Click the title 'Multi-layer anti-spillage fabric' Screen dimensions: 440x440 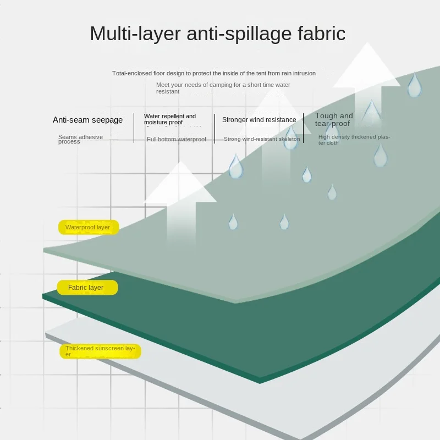(x=217, y=34)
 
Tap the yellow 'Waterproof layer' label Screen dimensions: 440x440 (x=88, y=227)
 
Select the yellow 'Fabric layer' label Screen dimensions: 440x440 (x=87, y=287)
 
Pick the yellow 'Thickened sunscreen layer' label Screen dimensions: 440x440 (x=100, y=351)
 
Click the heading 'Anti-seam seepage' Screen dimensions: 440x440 (x=87, y=120)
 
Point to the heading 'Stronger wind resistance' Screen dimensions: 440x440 (x=259, y=120)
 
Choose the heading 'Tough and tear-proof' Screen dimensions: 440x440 (x=334, y=119)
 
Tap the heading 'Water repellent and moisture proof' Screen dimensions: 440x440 (x=170, y=119)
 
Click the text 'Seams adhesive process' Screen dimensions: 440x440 (x=80, y=139)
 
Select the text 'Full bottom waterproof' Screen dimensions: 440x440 (x=177, y=140)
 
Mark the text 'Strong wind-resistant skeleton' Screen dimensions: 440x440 (x=262, y=139)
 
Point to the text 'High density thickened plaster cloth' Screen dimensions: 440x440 (x=354, y=140)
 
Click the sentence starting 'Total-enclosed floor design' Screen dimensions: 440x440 (x=214, y=73)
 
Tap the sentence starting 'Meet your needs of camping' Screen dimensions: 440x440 (x=223, y=88)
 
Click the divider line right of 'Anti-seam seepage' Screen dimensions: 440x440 (x=134, y=128)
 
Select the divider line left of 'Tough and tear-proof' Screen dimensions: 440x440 (x=309, y=128)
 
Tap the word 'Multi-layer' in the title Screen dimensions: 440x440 (x=135, y=34)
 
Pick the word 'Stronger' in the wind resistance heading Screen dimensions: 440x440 (x=236, y=120)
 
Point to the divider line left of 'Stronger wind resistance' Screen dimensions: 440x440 (x=215, y=128)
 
